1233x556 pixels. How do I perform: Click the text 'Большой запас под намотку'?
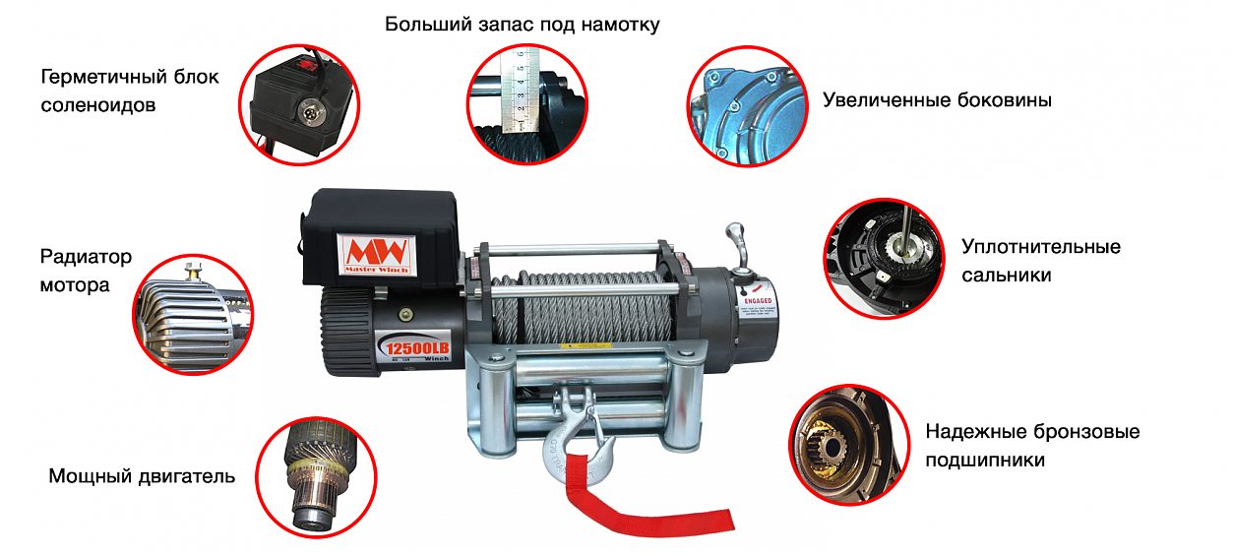tap(522, 25)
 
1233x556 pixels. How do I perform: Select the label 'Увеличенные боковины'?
tap(937, 100)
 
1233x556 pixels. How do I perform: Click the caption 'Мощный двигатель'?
tap(142, 477)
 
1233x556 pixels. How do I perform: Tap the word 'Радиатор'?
tap(86, 258)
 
